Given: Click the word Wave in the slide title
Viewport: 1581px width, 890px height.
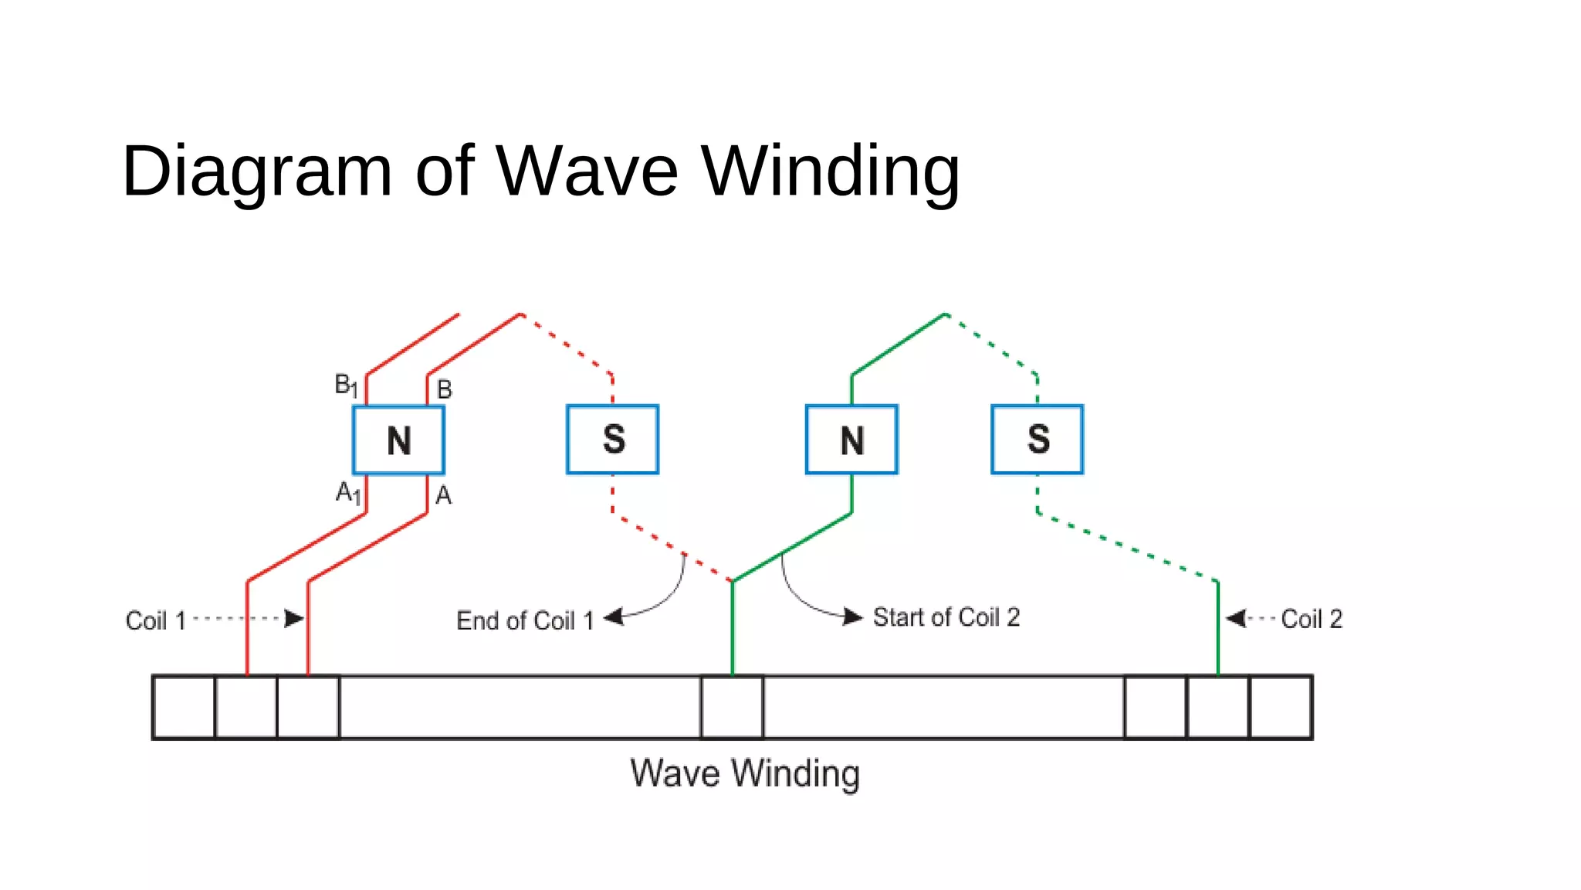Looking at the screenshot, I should tap(587, 171).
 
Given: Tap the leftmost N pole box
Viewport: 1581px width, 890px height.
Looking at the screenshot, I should tap(398, 440).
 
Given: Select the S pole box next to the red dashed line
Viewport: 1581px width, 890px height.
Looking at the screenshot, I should tap(613, 440).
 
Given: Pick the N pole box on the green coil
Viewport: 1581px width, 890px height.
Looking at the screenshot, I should tap(851, 440).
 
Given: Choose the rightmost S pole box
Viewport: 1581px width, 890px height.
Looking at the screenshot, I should tap(1038, 440).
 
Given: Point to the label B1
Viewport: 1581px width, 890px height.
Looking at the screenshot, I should tap(345, 385).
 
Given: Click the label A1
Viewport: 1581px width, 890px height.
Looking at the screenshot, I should tap(347, 492).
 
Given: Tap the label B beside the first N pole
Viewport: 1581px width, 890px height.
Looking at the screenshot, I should tap(445, 389).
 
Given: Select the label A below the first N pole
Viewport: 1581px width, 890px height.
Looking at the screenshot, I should tap(443, 495).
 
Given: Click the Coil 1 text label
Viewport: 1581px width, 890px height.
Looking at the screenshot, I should tap(156, 620).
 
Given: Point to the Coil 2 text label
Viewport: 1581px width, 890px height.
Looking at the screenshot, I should tap(1312, 619).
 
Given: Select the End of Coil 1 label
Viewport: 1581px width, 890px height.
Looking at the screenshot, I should tap(525, 620).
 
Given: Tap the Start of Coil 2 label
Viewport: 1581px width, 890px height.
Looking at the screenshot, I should tap(946, 617).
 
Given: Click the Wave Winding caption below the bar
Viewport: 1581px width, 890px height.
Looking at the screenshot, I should tap(745, 773).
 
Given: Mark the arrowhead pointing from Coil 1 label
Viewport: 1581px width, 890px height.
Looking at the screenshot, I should tap(293, 618).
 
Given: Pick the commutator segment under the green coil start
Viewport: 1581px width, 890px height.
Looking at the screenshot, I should tap(732, 707).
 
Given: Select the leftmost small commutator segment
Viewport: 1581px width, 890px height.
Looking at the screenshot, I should tap(184, 707).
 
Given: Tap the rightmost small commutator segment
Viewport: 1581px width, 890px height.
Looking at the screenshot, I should tap(1281, 707).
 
